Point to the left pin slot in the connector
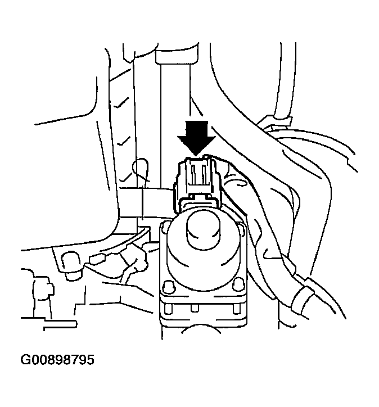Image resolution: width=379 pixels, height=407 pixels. pyautogui.click(x=192, y=174)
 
